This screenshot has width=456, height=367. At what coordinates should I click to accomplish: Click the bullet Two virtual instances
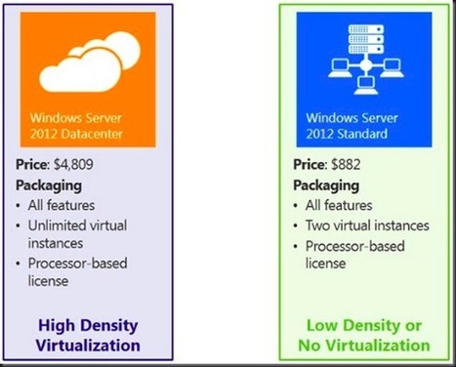361,224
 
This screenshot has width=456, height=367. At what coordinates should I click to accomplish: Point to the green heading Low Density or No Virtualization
367,336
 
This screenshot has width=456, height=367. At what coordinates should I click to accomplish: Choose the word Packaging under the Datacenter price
48,183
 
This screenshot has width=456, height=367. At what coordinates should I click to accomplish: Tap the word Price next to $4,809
34,165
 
